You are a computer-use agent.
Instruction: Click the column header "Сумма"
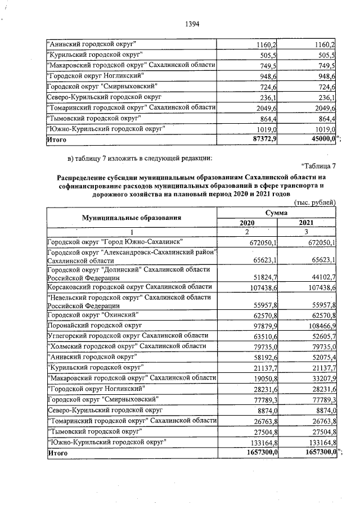277,213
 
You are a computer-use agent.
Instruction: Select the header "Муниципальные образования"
132,217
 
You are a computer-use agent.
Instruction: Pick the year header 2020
247,223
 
